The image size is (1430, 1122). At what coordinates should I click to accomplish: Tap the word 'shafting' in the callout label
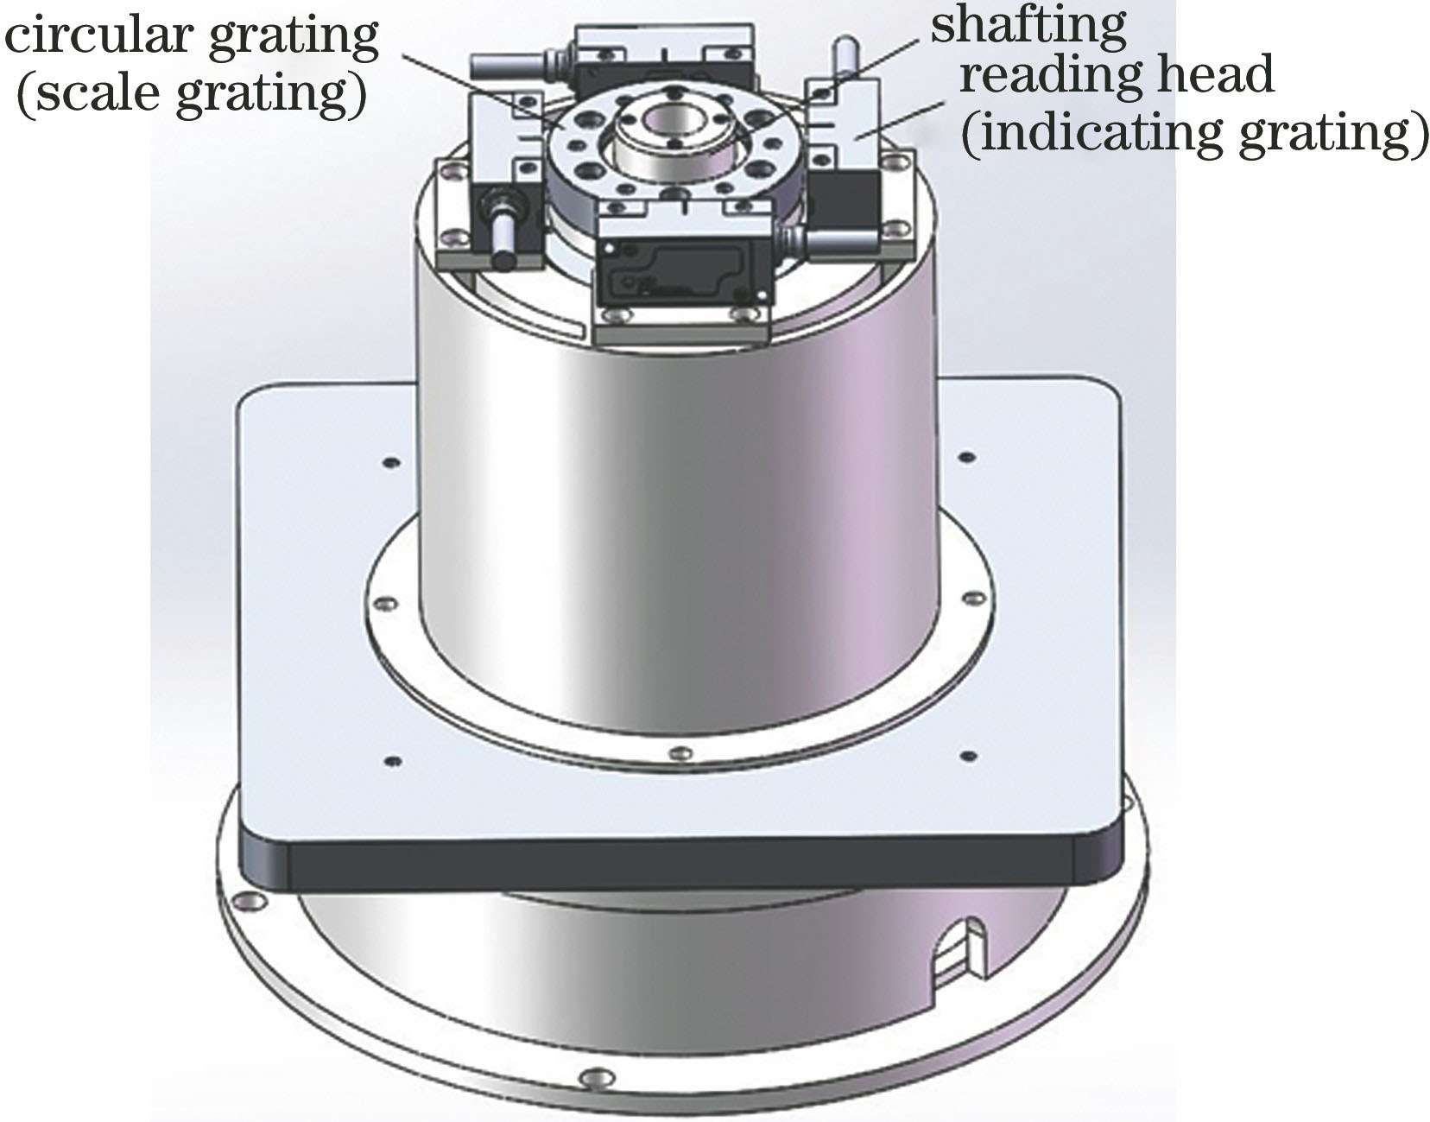pos(1028,28)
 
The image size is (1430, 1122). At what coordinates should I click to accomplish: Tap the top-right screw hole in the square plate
pos(968,455)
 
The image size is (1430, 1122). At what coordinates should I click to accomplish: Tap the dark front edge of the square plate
pos(682,864)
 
